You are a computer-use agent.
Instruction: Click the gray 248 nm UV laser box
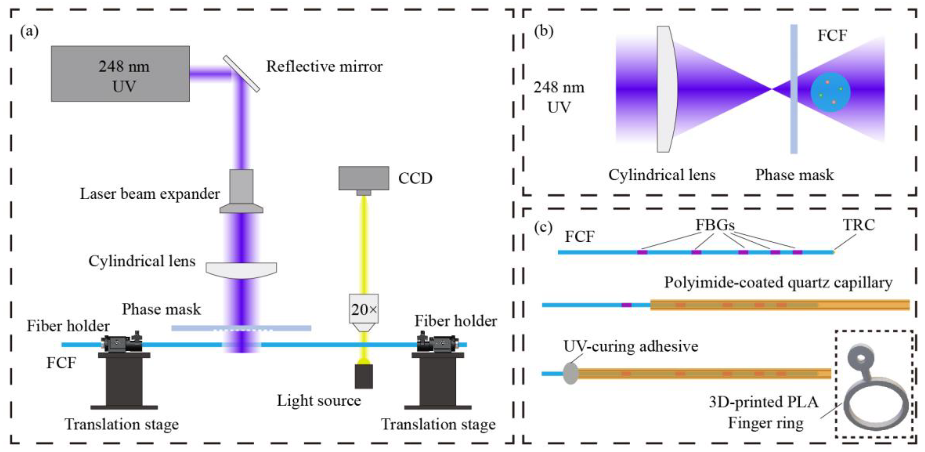pos(120,74)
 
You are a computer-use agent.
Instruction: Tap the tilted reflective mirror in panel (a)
pos(241,73)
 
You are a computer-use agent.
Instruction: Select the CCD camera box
pos(363,178)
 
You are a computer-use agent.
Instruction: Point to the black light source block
pos(363,376)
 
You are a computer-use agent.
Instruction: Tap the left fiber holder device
pos(122,343)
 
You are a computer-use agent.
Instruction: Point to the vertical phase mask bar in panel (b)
pos(794,89)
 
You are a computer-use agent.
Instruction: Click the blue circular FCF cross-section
pos(830,92)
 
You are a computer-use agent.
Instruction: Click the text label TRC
pos(858,225)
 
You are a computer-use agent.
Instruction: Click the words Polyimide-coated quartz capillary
pos(778,282)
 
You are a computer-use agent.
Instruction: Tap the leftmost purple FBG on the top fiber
pos(642,252)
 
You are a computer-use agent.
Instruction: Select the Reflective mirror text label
pos(324,67)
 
